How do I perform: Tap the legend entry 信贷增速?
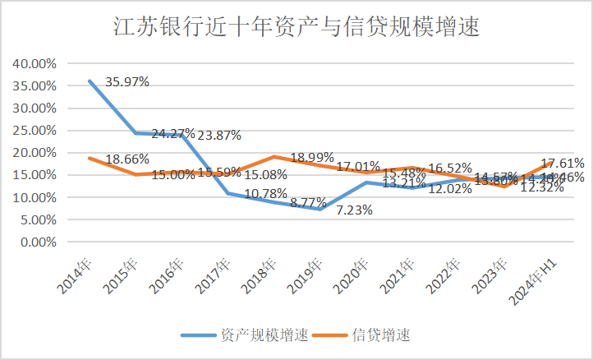[x=380, y=335]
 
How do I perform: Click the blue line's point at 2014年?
[x=90, y=81]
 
